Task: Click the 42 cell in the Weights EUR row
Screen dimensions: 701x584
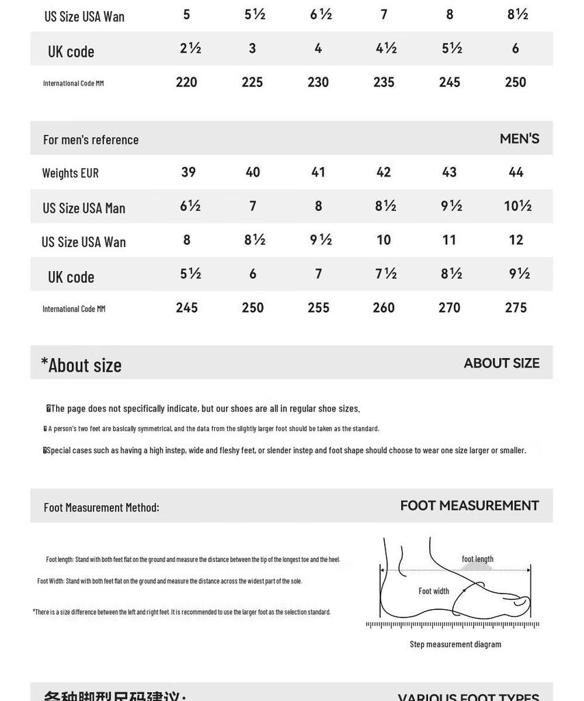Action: click(383, 172)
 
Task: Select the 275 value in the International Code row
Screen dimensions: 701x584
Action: click(516, 307)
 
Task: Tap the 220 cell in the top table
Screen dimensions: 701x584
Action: click(186, 82)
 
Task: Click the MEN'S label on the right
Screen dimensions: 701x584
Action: click(519, 138)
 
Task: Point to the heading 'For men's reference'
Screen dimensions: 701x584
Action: click(91, 140)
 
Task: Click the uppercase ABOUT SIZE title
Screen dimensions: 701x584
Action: click(501, 363)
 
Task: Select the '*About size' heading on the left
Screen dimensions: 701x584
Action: click(81, 365)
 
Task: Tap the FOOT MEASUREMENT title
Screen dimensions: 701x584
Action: click(469, 506)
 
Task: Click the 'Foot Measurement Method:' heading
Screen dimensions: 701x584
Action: click(101, 507)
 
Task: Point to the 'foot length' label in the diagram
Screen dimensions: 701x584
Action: click(477, 559)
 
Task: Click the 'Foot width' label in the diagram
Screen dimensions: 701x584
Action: click(434, 591)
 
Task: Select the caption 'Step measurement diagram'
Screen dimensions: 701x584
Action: click(455, 644)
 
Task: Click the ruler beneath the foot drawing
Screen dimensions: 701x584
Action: click(453, 624)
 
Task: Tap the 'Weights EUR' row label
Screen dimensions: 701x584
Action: click(71, 173)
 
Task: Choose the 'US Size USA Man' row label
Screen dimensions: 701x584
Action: click(84, 208)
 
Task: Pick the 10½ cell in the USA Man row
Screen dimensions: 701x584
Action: click(518, 205)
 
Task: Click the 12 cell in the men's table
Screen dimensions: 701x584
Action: click(516, 240)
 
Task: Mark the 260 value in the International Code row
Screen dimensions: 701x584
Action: click(383, 307)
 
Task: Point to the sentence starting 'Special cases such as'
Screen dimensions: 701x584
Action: click(285, 450)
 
